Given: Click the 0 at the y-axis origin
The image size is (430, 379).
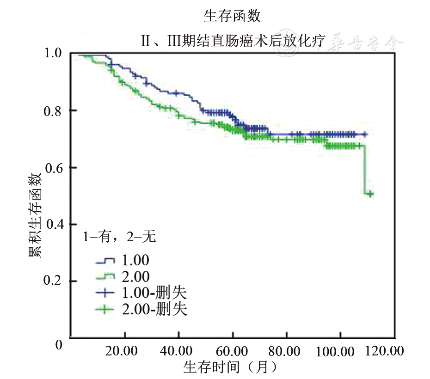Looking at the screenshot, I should pyautogui.click(x=58, y=345).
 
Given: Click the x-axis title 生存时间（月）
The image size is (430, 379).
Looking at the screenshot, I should pyautogui.click(x=230, y=367).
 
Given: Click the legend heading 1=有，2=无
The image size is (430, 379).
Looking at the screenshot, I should pyautogui.click(x=119, y=237).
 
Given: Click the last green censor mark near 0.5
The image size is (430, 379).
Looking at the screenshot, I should pyautogui.click(x=370, y=194).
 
